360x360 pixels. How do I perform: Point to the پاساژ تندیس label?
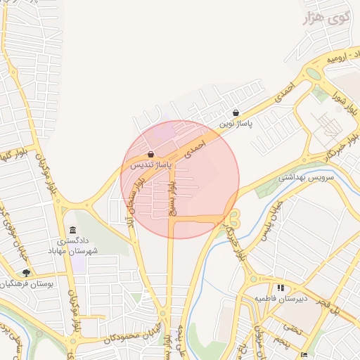coord(150,165)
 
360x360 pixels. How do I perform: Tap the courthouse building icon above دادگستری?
coord(73,230)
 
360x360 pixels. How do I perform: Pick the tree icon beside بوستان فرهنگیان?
coord(26,273)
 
